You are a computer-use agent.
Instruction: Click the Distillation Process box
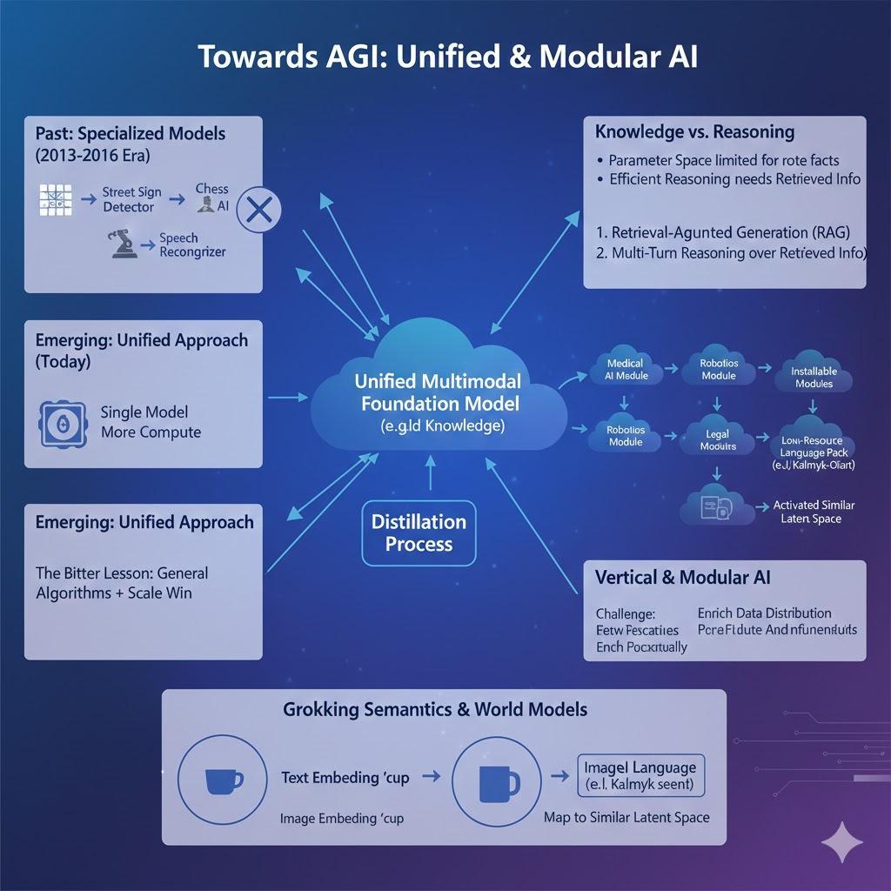tap(419, 533)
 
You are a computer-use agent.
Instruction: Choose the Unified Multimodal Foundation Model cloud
tap(438, 400)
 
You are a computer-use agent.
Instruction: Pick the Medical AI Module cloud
tap(625, 370)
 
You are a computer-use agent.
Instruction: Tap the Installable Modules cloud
tap(814, 377)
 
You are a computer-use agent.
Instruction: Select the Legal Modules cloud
tap(718, 439)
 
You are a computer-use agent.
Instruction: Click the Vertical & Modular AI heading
tap(682, 577)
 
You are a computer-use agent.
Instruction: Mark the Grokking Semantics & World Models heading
tap(435, 709)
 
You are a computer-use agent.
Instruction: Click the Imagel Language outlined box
tap(640, 775)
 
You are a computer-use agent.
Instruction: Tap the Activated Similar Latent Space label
tap(814, 512)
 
